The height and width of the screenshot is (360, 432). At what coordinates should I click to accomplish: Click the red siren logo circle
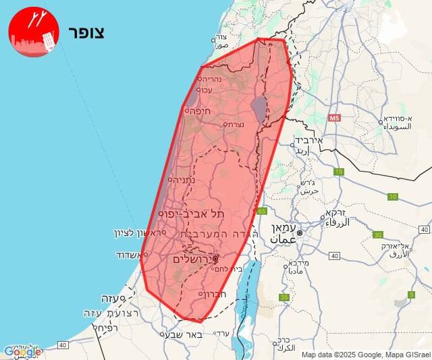[34, 32]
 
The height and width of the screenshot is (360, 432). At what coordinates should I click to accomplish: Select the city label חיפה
[201, 111]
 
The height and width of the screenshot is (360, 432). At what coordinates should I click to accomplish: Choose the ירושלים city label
[188, 259]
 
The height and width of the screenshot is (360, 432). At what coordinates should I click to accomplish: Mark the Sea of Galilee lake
[259, 107]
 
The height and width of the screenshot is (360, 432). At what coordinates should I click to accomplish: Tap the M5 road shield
[334, 118]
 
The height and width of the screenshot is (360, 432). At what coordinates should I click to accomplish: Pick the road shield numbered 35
[284, 297]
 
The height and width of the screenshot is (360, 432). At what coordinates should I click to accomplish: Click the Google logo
[22, 351]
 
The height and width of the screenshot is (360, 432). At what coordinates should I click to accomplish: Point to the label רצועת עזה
[111, 313]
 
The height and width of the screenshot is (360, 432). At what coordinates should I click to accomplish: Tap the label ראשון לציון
[136, 233]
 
